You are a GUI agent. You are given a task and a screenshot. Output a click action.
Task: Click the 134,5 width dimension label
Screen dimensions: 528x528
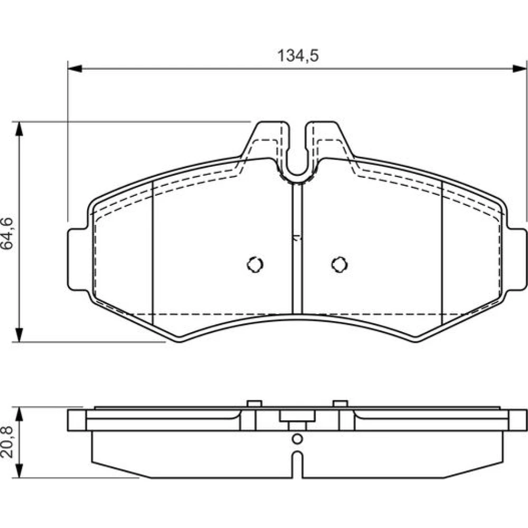(x=298, y=56)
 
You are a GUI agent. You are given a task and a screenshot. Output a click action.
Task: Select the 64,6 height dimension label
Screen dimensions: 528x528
(x=7, y=233)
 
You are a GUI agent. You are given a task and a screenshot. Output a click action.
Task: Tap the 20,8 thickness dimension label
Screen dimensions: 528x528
(x=7, y=442)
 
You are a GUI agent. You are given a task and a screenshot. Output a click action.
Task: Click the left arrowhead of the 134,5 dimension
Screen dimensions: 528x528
(x=75, y=68)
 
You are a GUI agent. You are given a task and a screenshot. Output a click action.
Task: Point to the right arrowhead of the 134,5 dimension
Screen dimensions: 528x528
(x=519, y=68)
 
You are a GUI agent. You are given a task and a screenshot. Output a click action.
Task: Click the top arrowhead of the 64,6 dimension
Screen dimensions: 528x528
(x=19, y=129)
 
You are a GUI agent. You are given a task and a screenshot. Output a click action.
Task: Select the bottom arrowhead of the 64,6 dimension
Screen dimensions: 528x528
(x=19, y=335)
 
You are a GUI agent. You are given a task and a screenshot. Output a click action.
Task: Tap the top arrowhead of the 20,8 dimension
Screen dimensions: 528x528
(x=19, y=414)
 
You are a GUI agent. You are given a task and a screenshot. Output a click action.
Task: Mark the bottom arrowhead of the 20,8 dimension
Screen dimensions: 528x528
(x=19, y=470)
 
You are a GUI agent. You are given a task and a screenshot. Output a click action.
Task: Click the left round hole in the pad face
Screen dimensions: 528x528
(x=255, y=265)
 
